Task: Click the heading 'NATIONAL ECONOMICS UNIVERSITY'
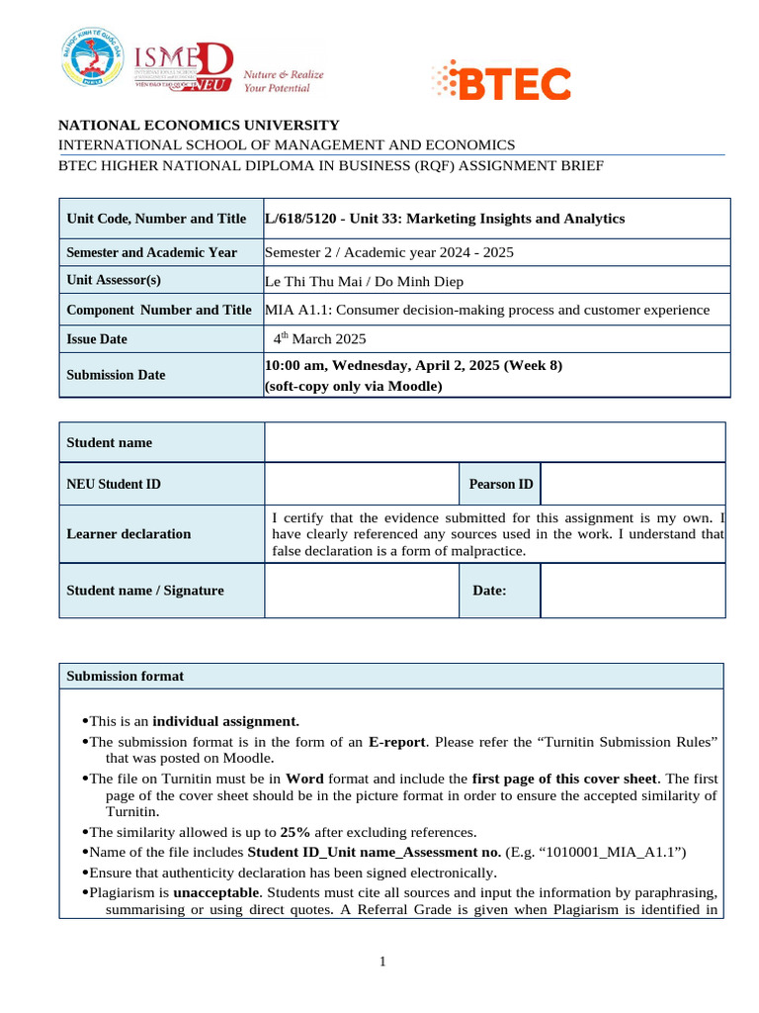[199, 126]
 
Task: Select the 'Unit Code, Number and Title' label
[156, 219]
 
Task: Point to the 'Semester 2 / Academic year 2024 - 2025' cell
[389, 252]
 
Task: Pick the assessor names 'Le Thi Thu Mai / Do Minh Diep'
[365, 281]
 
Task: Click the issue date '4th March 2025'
[320, 338]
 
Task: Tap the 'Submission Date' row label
[116, 375]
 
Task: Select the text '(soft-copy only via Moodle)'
[353, 387]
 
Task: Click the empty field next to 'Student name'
[494, 442]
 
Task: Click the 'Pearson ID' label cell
[500, 484]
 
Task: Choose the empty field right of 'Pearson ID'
[632, 484]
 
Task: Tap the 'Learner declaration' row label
[128, 534]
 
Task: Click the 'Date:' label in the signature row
[489, 591]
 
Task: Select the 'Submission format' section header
[125, 677]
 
